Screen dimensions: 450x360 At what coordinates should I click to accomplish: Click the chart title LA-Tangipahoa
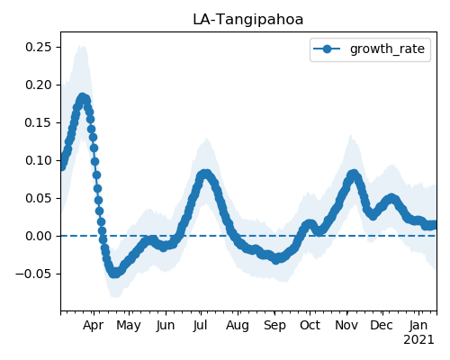[x=248, y=20]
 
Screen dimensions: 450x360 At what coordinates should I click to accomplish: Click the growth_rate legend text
[x=387, y=49]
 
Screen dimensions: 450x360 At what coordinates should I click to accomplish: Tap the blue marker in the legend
[x=327, y=49]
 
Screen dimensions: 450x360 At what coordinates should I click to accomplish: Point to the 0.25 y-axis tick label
[x=39, y=47]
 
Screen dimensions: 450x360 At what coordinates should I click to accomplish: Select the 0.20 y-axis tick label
[x=39, y=85]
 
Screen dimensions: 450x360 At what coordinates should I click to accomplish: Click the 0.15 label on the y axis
[x=39, y=122]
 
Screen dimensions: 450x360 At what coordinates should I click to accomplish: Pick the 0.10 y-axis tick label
[x=39, y=160]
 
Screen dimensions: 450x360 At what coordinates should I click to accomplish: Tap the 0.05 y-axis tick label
[x=39, y=198]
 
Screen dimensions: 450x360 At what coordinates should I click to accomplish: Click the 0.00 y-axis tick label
[x=39, y=236]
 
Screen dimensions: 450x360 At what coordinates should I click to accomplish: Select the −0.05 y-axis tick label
[x=34, y=274]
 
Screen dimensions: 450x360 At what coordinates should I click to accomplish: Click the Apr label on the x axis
[x=94, y=326]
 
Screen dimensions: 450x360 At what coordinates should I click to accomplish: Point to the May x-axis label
[x=129, y=326]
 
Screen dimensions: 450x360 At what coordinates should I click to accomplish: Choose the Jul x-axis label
[x=201, y=326]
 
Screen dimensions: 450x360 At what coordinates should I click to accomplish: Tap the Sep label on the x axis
[x=274, y=326]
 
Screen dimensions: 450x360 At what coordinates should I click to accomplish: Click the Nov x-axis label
[x=346, y=326]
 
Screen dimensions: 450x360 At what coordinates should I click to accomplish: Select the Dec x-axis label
[x=382, y=326]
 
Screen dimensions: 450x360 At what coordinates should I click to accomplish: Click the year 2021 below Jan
[x=418, y=340]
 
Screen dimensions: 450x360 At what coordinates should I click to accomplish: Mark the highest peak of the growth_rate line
[x=83, y=97]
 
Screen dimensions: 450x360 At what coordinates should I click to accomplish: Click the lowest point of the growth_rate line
[x=115, y=274]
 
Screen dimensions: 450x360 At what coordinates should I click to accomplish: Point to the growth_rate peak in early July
[x=205, y=174]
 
